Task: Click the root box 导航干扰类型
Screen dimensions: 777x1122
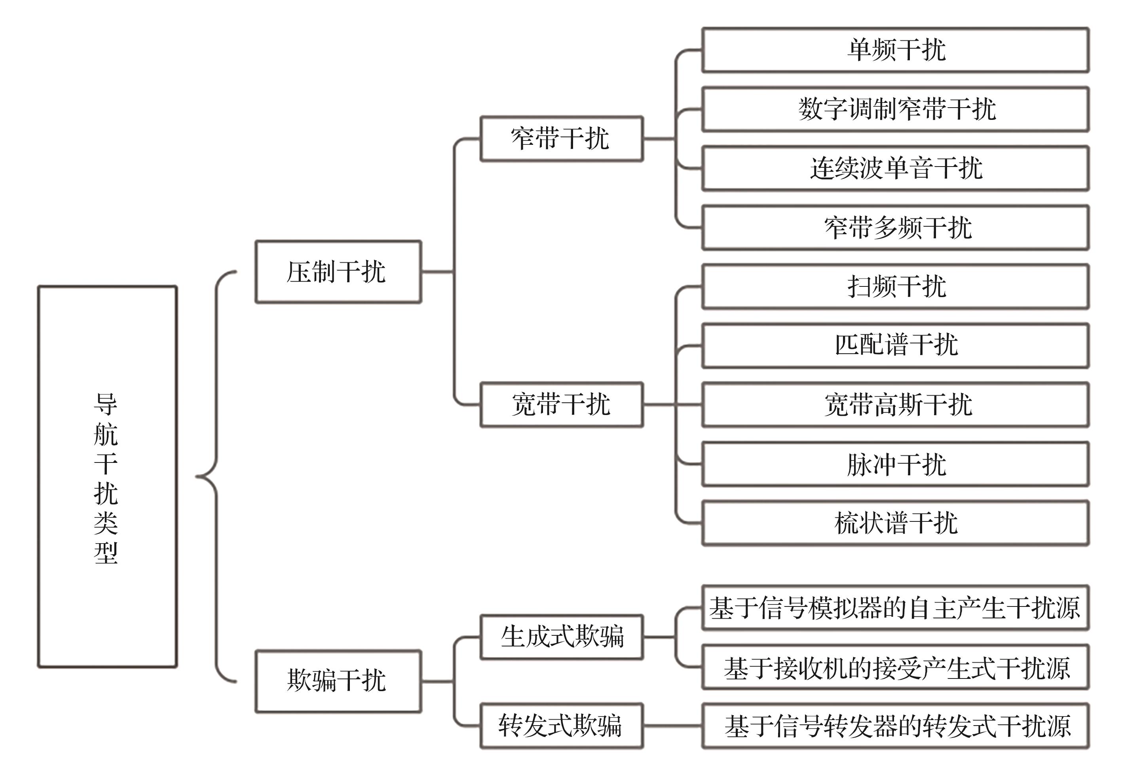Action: (107, 476)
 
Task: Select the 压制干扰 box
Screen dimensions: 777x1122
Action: (338, 272)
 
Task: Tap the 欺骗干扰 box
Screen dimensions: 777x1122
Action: (338, 680)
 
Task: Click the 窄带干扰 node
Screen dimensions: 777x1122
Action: (561, 139)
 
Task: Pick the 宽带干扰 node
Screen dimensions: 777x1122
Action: (561, 405)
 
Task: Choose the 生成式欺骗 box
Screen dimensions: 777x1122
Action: (561, 637)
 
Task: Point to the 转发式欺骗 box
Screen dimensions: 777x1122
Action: (561, 726)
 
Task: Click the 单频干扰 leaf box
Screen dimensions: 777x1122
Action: (895, 50)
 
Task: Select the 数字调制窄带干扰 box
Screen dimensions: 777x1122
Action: (895, 109)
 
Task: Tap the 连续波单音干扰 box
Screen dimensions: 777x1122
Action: (895, 169)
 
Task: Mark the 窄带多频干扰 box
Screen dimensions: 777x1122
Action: (895, 227)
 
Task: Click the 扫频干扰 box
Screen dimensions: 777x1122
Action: (895, 286)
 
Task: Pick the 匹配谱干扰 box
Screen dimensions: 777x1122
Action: (895, 345)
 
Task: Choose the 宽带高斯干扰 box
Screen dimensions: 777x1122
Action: (895, 405)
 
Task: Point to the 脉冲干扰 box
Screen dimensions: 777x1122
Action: (895, 464)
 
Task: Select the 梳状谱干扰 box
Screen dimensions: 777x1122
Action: (895, 523)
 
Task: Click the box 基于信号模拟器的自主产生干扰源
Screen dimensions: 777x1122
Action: (895, 608)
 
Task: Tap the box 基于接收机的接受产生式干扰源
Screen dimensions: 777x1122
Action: (895, 667)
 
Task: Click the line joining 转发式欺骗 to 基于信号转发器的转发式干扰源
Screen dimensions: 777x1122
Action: (672, 726)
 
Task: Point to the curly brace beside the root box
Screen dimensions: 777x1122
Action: (216, 476)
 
